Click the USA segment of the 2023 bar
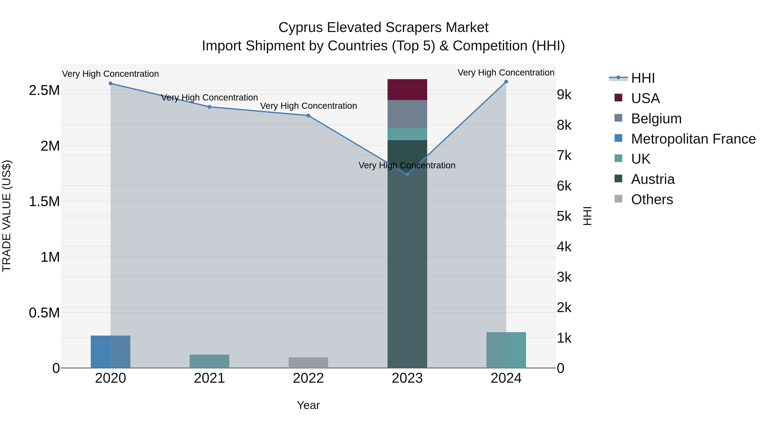(x=407, y=89)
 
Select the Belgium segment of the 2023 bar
(x=407, y=114)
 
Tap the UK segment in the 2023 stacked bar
(x=407, y=134)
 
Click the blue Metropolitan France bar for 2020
(x=110, y=352)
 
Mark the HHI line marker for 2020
(x=110, y=83)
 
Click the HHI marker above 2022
(x=308, y=116)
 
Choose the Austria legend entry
(x=652, y=179)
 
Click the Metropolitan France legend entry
(x=693, y=139)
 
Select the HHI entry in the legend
(x=643, y=78)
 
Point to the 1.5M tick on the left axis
(x=44, y=202)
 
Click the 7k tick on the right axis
(x=564, y=156)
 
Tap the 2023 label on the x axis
(x=407, y=378)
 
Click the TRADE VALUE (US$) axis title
(x=7, y=216)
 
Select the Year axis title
(x=308, y=405)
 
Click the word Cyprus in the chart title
(x=300, y=28)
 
